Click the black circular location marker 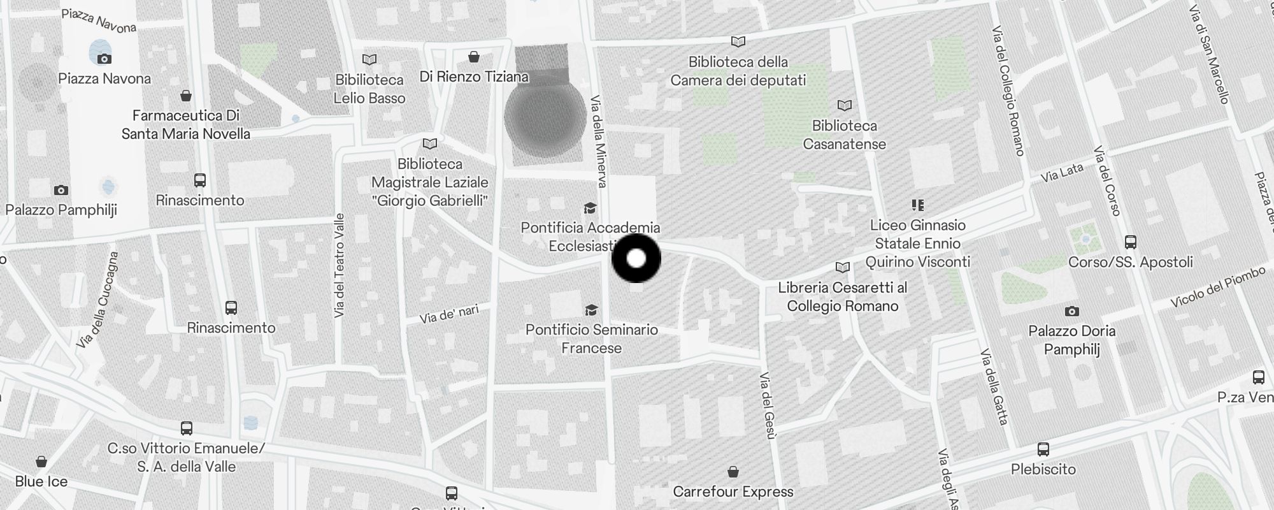click(636, 258)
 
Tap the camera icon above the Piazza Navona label click(104, 59)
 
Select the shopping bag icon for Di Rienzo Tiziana click(473, 57)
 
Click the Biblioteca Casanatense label click(844, 135)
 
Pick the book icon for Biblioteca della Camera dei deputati click(738, 42)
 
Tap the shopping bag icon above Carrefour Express click(733, 472)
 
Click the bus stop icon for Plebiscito click(1043, 449)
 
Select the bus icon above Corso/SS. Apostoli click(1131, 242)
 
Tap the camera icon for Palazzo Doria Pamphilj click(1072, 311)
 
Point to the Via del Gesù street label click(768, 405)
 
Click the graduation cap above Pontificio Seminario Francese click(591, 310)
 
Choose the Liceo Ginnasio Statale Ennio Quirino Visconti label click(917, 244)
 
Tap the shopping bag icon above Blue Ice click(41, 462)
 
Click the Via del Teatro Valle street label click(339, 265)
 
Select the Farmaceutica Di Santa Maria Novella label click(185, 124)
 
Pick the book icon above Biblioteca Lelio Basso click(369, 60)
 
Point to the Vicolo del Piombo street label click(1218, 287)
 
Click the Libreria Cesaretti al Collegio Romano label click(842, 297)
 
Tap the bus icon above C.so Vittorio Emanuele click(187, 428)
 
